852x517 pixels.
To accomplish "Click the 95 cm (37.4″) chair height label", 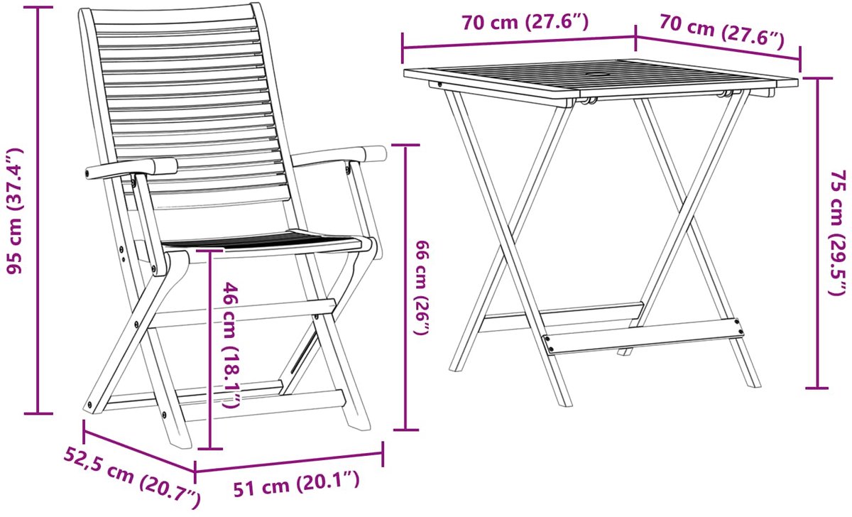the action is pos(14,210).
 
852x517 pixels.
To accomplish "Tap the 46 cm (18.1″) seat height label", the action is pos(231,344).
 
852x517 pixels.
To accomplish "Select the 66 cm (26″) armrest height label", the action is pos(422,288).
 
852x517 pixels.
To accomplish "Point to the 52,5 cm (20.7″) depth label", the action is pos(131,477).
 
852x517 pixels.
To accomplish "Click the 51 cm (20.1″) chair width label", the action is pos(296,483).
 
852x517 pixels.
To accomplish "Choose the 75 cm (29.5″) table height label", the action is pos(838,232).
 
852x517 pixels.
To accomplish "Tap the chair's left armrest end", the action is pos(91,173).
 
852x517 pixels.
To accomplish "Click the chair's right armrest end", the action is pos(377,153).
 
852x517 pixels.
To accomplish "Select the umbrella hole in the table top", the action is pos(597,74).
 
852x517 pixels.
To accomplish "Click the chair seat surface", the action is pos(263,241).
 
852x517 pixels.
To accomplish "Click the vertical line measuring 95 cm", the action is pos(38,210).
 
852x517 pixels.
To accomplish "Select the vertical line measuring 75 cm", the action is pos(817,233).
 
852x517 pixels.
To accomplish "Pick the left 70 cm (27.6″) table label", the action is pos(525,23).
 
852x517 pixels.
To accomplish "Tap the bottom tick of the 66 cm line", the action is pos(406,430).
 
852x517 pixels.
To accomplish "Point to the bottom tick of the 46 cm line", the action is pos(210,449).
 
